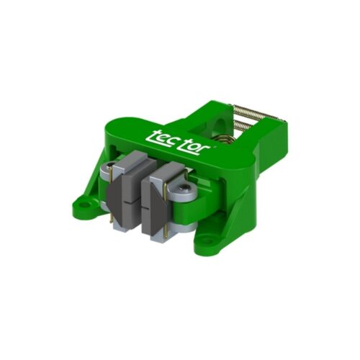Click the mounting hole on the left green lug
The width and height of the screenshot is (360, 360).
pyautogui.click(x=83, y=204)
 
